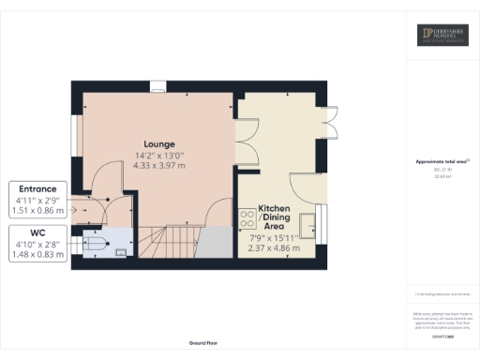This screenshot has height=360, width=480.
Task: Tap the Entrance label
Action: (x=37, y=187)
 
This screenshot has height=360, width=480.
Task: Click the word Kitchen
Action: (x=275, y=207)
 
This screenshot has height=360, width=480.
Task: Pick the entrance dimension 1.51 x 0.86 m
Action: (x=37, y=212)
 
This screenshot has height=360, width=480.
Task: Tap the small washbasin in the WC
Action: (x=120, y=251)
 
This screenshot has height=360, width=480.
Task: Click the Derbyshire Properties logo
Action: (x=442, y=36)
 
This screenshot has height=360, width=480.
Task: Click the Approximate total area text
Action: (x=442, y=162)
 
